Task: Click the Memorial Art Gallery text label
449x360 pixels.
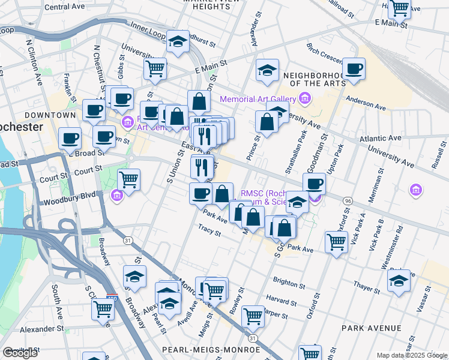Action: click(258, 99)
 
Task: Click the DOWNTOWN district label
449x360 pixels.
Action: click(50, 115)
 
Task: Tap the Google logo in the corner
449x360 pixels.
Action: click(20, 353)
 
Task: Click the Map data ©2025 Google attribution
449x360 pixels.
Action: click(412, 355)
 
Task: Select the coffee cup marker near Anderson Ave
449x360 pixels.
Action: click(354, 69)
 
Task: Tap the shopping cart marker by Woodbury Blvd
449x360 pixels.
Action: click(128, 179)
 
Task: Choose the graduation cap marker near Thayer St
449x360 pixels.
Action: click(399, 280)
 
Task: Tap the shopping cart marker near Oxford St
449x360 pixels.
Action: click(336, 242)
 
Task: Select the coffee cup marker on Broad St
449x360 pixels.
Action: click(70, 139)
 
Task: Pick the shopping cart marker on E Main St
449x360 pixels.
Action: click(155, 69)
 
